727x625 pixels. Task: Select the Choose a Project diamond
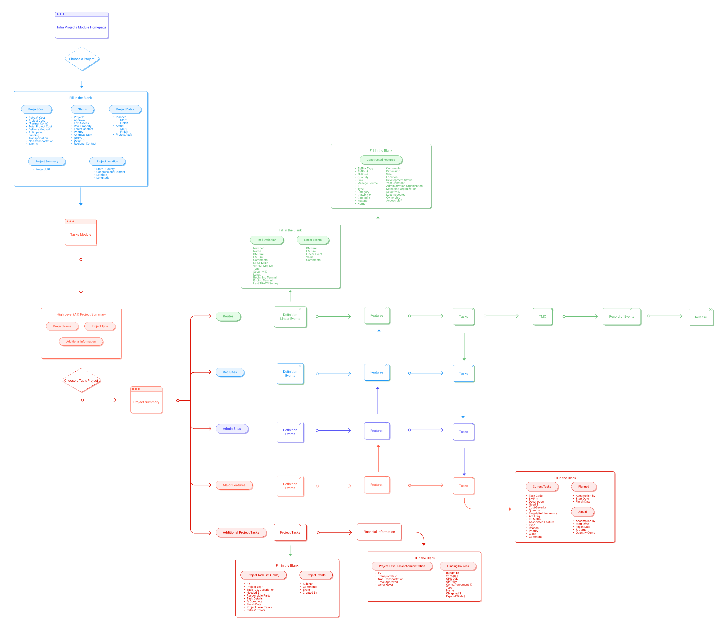(x=82, y=59)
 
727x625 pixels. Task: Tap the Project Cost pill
(x=36, y=109)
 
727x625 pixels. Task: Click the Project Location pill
(x=107, y=162)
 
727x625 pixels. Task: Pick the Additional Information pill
(x=81, y=342)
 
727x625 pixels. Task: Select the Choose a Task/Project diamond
(x=81, y=381)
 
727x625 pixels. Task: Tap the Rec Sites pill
(x=230, y=372)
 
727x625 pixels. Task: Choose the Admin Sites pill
(x=232, y=429)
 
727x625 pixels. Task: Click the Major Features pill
(x=234, y=485)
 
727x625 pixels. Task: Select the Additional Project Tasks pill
(x=241, y=533)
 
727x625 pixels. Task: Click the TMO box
(x=542, y=317)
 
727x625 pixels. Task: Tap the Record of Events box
(x=622, y=317)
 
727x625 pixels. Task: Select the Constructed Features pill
(x=381, y=160)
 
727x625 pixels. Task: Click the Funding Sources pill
(x=458, y=566)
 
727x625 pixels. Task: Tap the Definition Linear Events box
(x=290, y=317)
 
